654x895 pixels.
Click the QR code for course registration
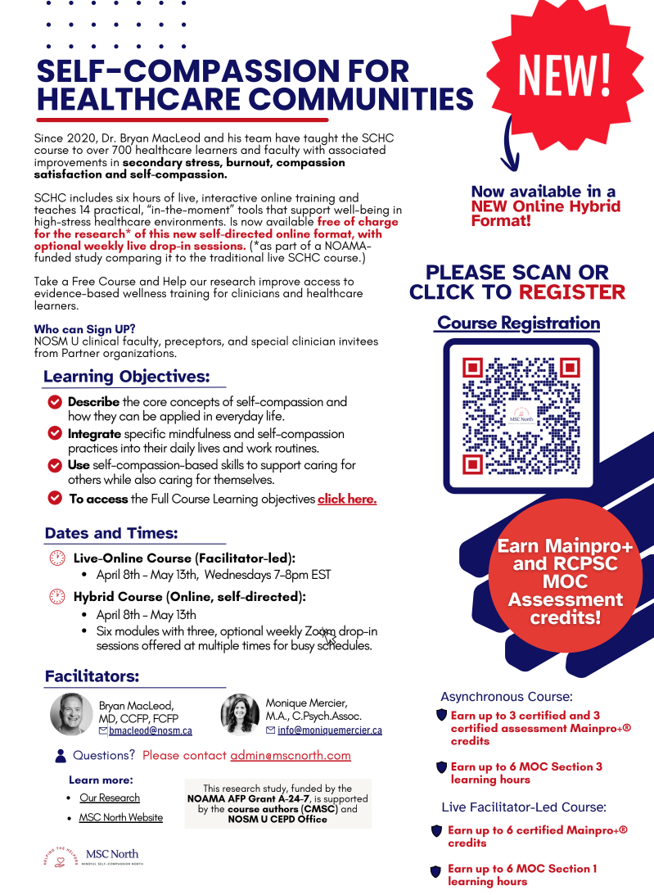tap(521, 416)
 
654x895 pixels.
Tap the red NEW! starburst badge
tap(565, 72)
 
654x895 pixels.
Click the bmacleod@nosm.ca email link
tap(151, 730)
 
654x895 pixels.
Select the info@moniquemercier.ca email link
tap(330, 730)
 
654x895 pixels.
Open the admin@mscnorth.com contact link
tap(291, 756)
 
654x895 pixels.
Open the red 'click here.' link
tap(347, 499)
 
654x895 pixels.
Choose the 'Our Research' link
tap(110, 798)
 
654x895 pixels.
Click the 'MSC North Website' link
tap(121, 817)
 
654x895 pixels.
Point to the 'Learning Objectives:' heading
tap(126, 377)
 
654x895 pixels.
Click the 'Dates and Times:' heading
tap(111, 533)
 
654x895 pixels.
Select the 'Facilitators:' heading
tap(92, 676)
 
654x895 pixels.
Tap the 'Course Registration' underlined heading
tap(518, 323)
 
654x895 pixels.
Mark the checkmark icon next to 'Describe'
tap(55, 402)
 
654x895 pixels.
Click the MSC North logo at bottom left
tap(91, 857)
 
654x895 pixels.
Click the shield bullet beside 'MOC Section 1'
tap(436, 872)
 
